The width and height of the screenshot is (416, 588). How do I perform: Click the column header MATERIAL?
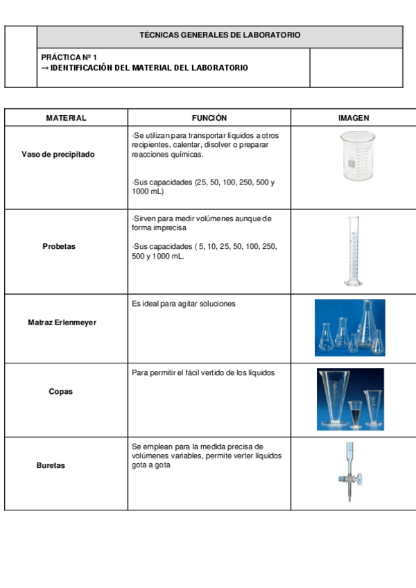66,118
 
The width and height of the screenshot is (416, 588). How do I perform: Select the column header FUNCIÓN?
209,118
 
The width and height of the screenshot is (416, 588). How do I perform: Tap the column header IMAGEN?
353,118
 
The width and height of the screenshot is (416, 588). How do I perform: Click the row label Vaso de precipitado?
58,154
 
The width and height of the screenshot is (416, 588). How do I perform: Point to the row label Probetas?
59,246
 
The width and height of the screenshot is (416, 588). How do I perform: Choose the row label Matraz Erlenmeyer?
62,322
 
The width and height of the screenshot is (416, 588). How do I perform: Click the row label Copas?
60,392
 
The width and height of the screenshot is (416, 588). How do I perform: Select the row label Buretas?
51,465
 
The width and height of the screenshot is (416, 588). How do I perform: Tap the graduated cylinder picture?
355,251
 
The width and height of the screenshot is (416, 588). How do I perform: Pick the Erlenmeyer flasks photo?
349,327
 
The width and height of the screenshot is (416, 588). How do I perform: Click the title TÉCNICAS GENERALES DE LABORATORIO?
220,35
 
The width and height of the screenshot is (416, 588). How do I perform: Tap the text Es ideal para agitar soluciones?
183,304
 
